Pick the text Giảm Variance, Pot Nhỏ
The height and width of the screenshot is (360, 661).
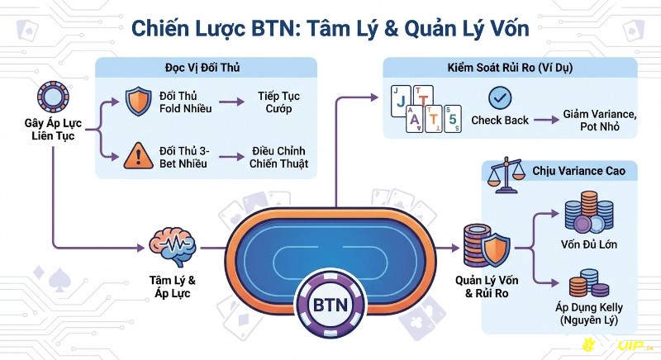pyautogui.click(x=599, y=119)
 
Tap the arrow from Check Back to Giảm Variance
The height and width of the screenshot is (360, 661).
pyautogui.click(x=543, y=121)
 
